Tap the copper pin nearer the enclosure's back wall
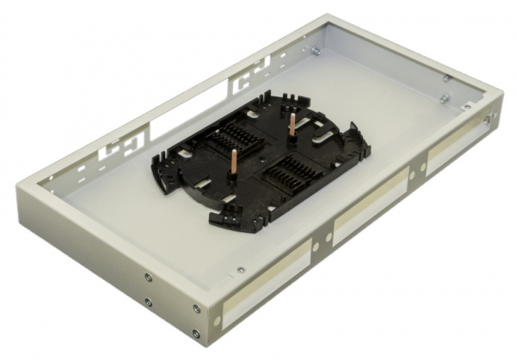[291, 125]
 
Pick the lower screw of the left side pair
[148, 301]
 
